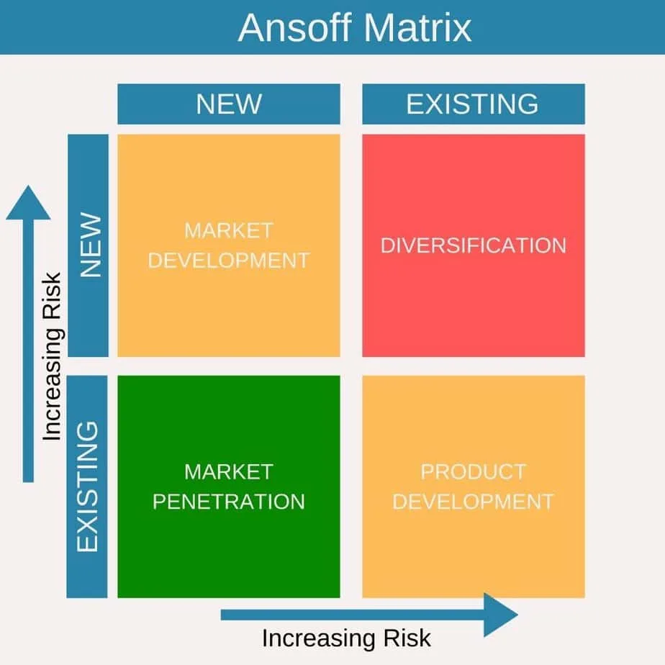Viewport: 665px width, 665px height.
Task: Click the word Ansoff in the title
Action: coord(295,28)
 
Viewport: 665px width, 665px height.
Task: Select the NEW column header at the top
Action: coord(229,104)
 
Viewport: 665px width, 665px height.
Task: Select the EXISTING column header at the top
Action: coord(472,104)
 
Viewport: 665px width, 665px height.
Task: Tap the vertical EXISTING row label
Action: coord(88,487)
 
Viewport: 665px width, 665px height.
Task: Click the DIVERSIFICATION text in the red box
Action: coord(473,245)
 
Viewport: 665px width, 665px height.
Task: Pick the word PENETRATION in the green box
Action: coord(228,501)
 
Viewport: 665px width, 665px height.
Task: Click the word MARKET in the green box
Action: coord(228,472)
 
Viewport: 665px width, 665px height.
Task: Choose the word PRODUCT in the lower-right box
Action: coord(473,472)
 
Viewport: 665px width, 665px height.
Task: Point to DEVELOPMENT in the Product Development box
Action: coord(473,501)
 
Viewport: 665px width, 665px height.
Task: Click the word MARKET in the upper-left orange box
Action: coord(228,231)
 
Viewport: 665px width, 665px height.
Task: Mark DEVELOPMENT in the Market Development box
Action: coord(228,260)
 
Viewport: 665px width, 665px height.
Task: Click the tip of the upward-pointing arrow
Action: coord(28,189)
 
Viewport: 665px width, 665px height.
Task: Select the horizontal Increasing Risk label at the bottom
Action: coord(346,638)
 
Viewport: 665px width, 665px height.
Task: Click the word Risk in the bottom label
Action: coord(407,638)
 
